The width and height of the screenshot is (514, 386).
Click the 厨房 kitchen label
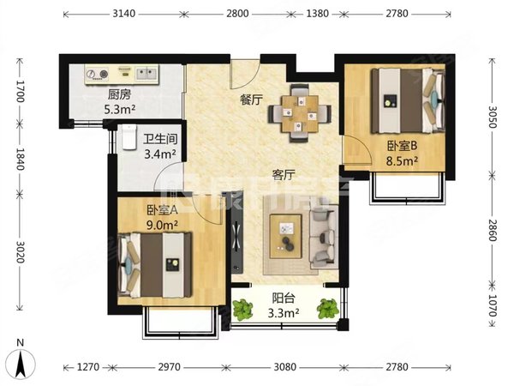[119, 95]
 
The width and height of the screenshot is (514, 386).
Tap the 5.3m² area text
[120, 109]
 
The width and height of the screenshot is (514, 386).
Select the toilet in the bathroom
[129, 137]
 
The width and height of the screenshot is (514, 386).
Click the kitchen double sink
[146, 74]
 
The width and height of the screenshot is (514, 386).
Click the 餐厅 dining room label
[251, 100]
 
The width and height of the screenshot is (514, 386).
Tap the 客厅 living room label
[284, 175]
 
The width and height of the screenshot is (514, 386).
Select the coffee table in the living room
[285, 237]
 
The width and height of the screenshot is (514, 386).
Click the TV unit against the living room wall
[236, 232]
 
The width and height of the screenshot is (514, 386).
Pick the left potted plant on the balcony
[242, 309]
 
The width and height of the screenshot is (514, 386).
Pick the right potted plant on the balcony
[327, 309]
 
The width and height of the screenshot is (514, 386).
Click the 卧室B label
[402, 146]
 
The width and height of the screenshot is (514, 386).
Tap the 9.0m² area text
[162, 225]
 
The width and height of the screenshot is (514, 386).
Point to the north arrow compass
[21, 364]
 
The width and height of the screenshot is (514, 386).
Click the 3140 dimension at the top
[123, 14]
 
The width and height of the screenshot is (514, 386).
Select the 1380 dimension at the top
[317, 14]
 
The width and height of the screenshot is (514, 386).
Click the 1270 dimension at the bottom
[88, 366]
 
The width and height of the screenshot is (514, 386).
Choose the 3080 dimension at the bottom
[284, 366]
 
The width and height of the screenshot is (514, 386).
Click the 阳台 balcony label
[284, 298]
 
